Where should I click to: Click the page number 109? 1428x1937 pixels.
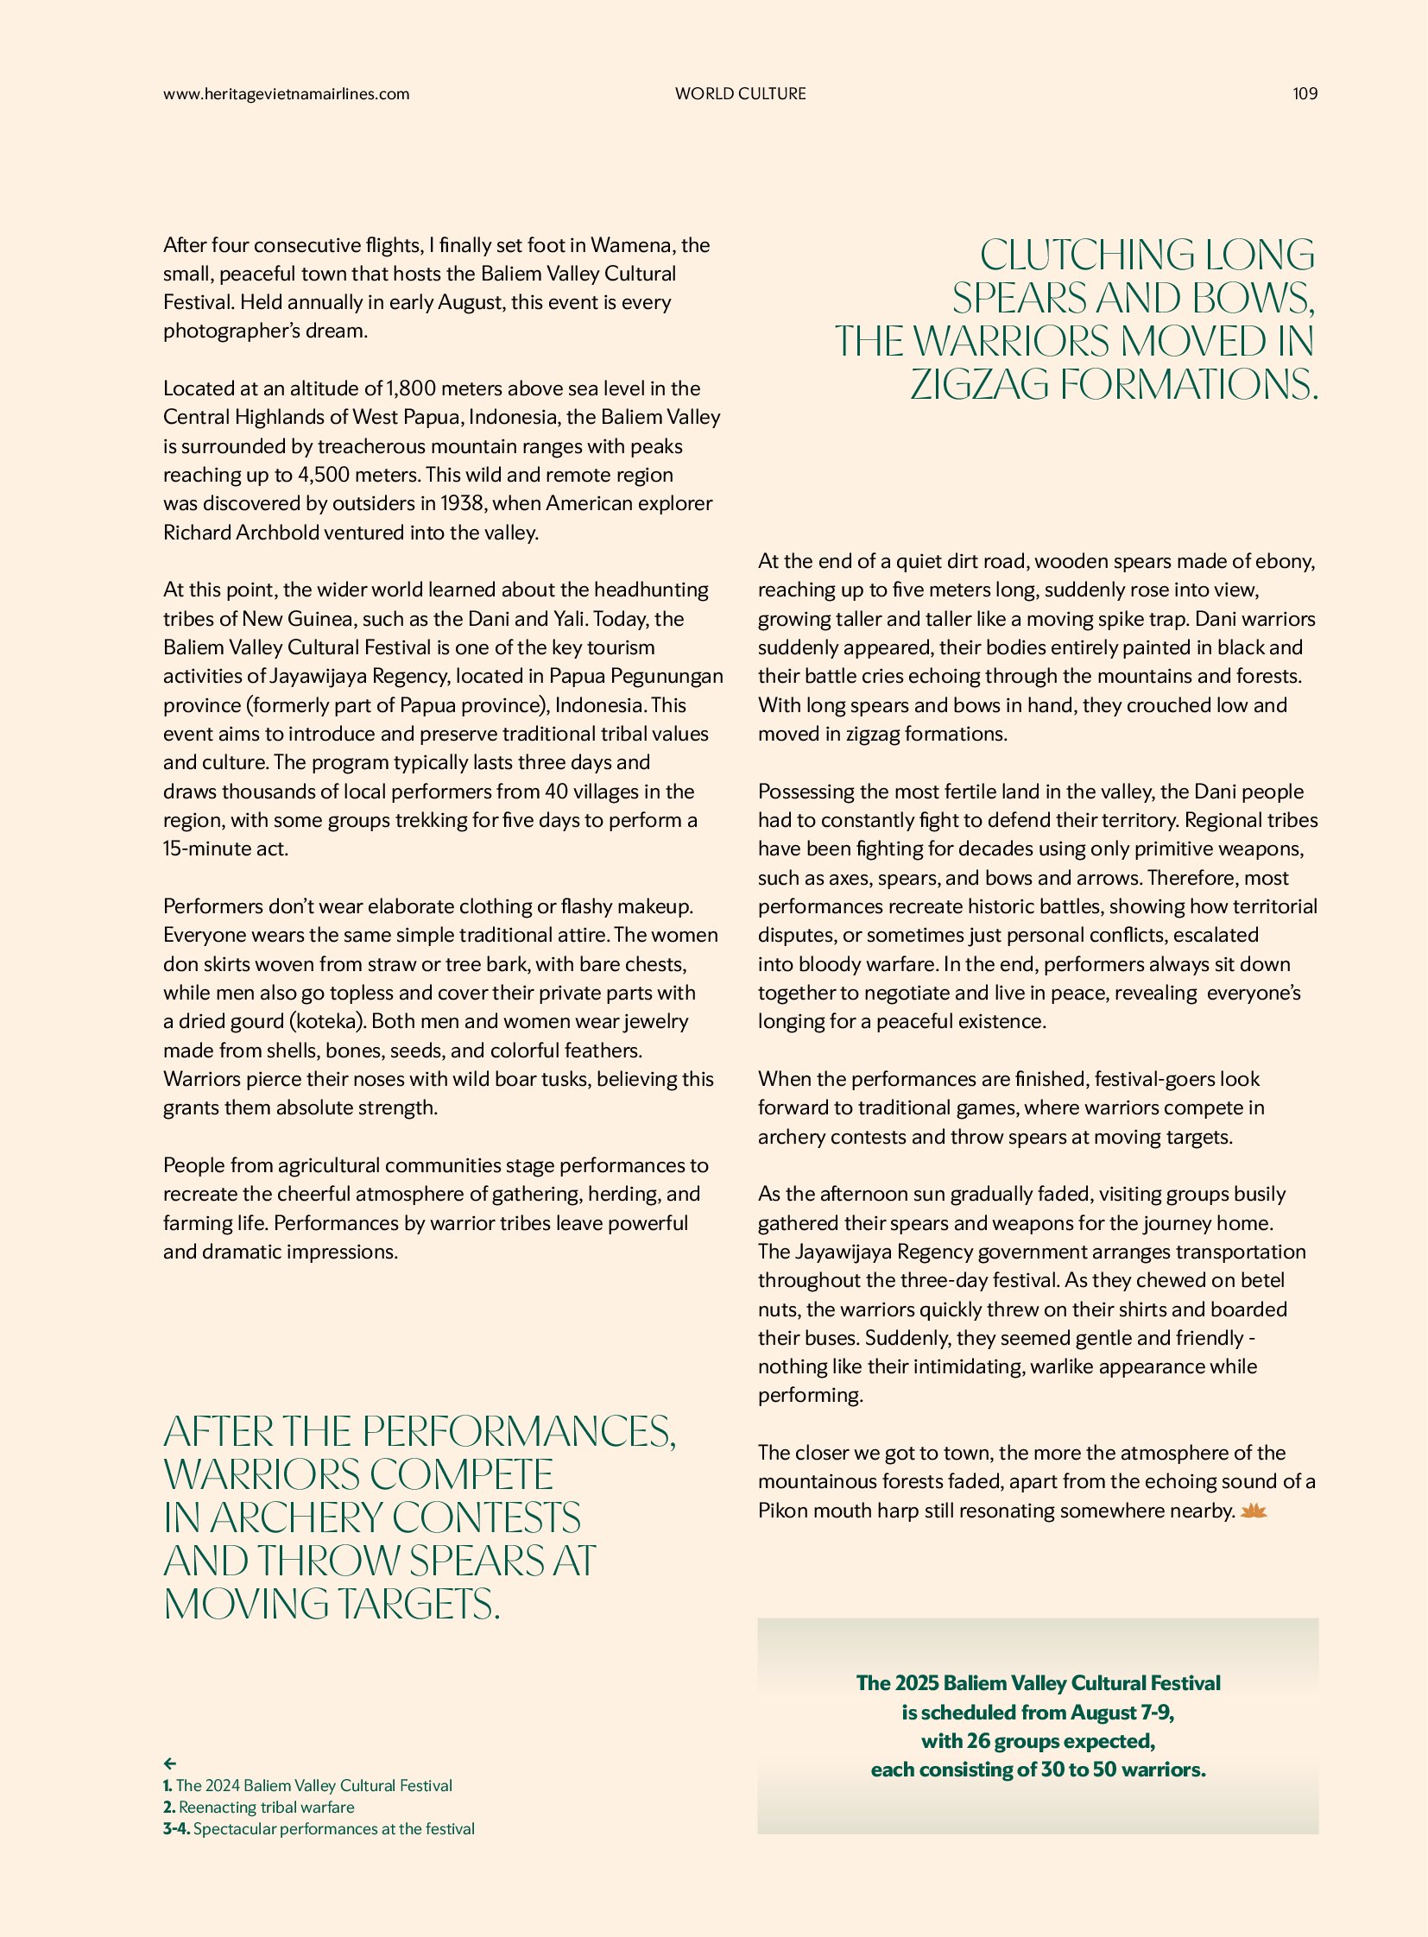[1305, 94]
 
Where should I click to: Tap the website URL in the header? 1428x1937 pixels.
[286, 94]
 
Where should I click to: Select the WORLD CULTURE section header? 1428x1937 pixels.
[740, 94]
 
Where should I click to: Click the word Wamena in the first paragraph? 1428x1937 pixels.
[630, 245]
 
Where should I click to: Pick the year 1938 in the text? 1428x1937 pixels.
[463, 504]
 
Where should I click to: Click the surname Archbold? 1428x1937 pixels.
[275, 533]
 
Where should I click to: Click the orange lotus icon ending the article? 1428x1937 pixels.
[1254, 1511]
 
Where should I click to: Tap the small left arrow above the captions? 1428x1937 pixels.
[170, 1763]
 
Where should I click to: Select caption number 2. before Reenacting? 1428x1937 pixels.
[169, 1808]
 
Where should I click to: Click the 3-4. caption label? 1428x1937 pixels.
[176, 1829]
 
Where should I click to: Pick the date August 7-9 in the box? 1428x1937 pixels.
[1122, 1713]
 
